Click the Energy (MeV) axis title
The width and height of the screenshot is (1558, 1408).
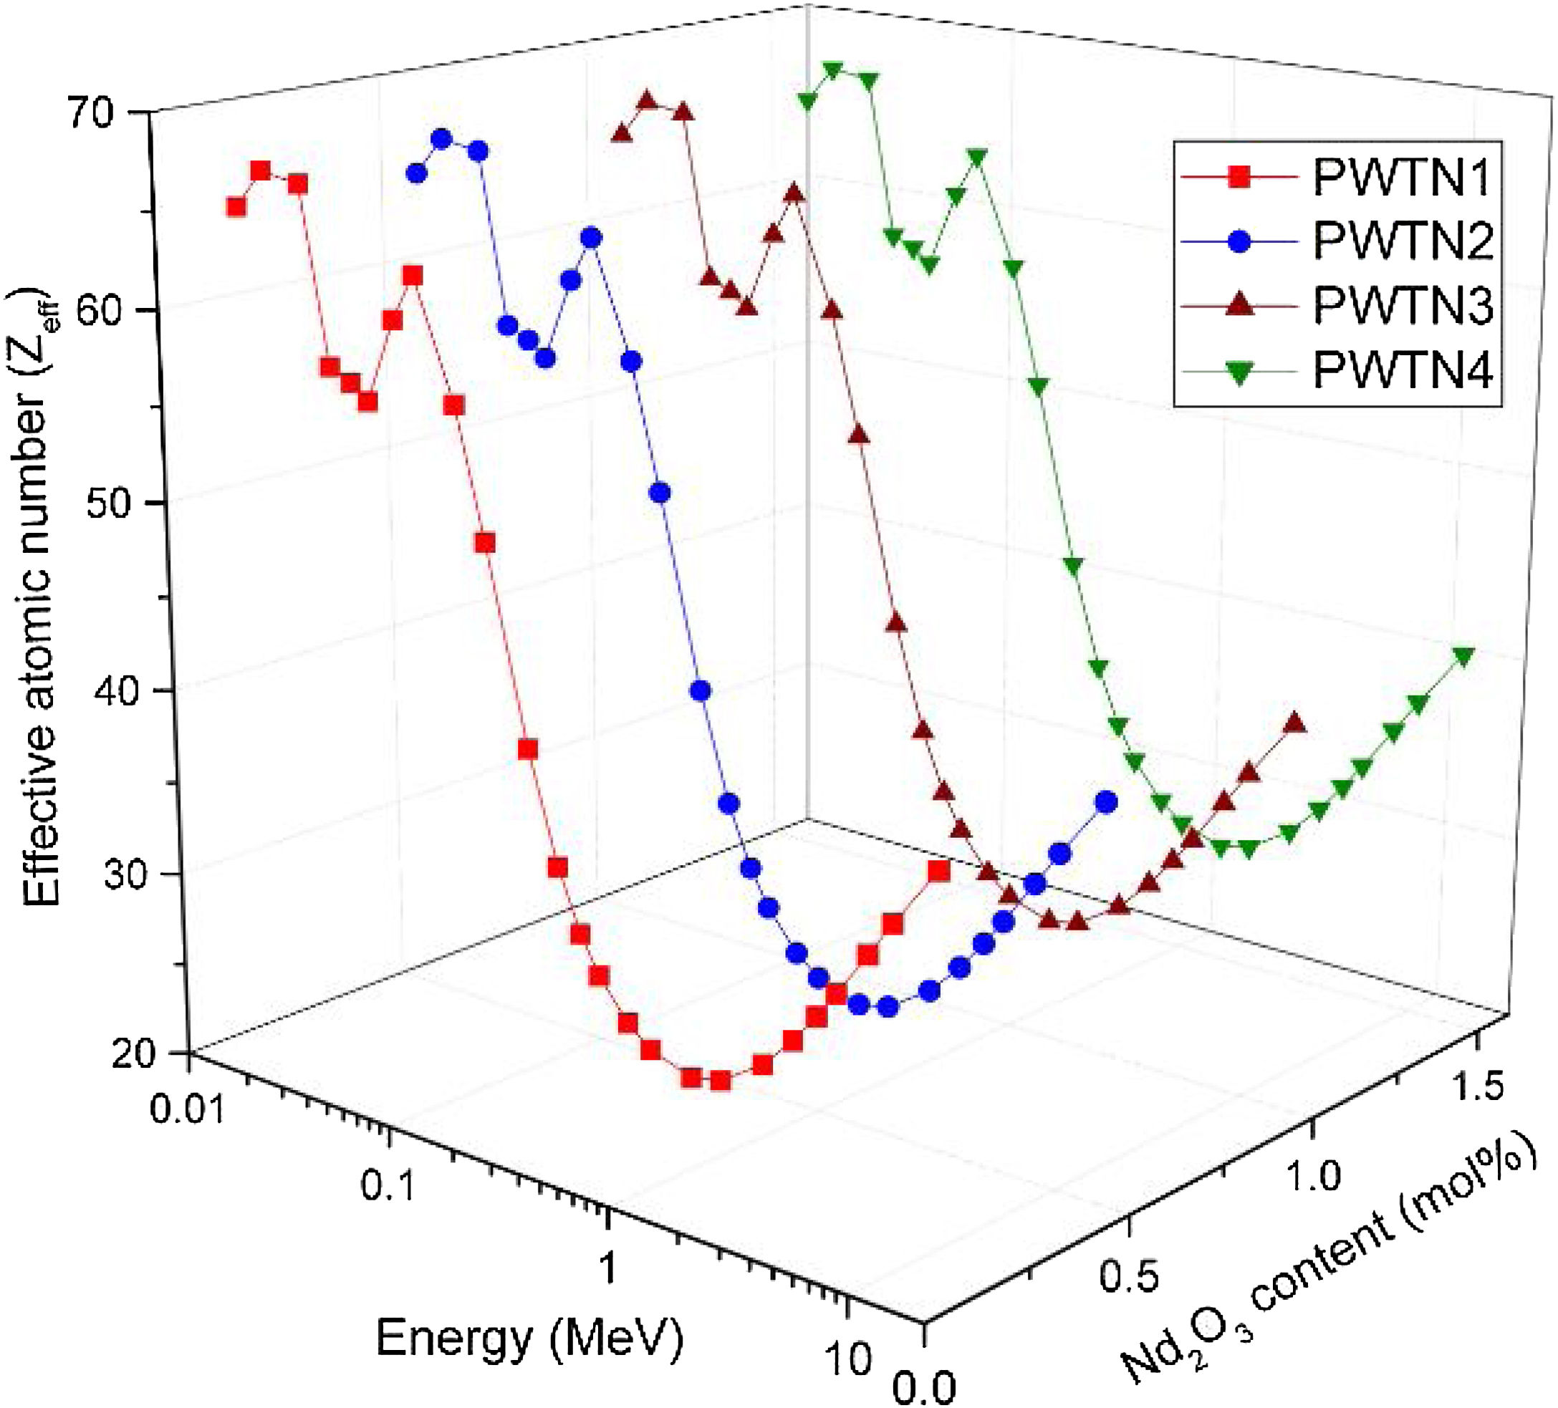(529, 1339)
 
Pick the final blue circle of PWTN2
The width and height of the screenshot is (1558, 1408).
(1106, 803)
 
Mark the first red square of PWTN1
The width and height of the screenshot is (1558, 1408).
(236, 207)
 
